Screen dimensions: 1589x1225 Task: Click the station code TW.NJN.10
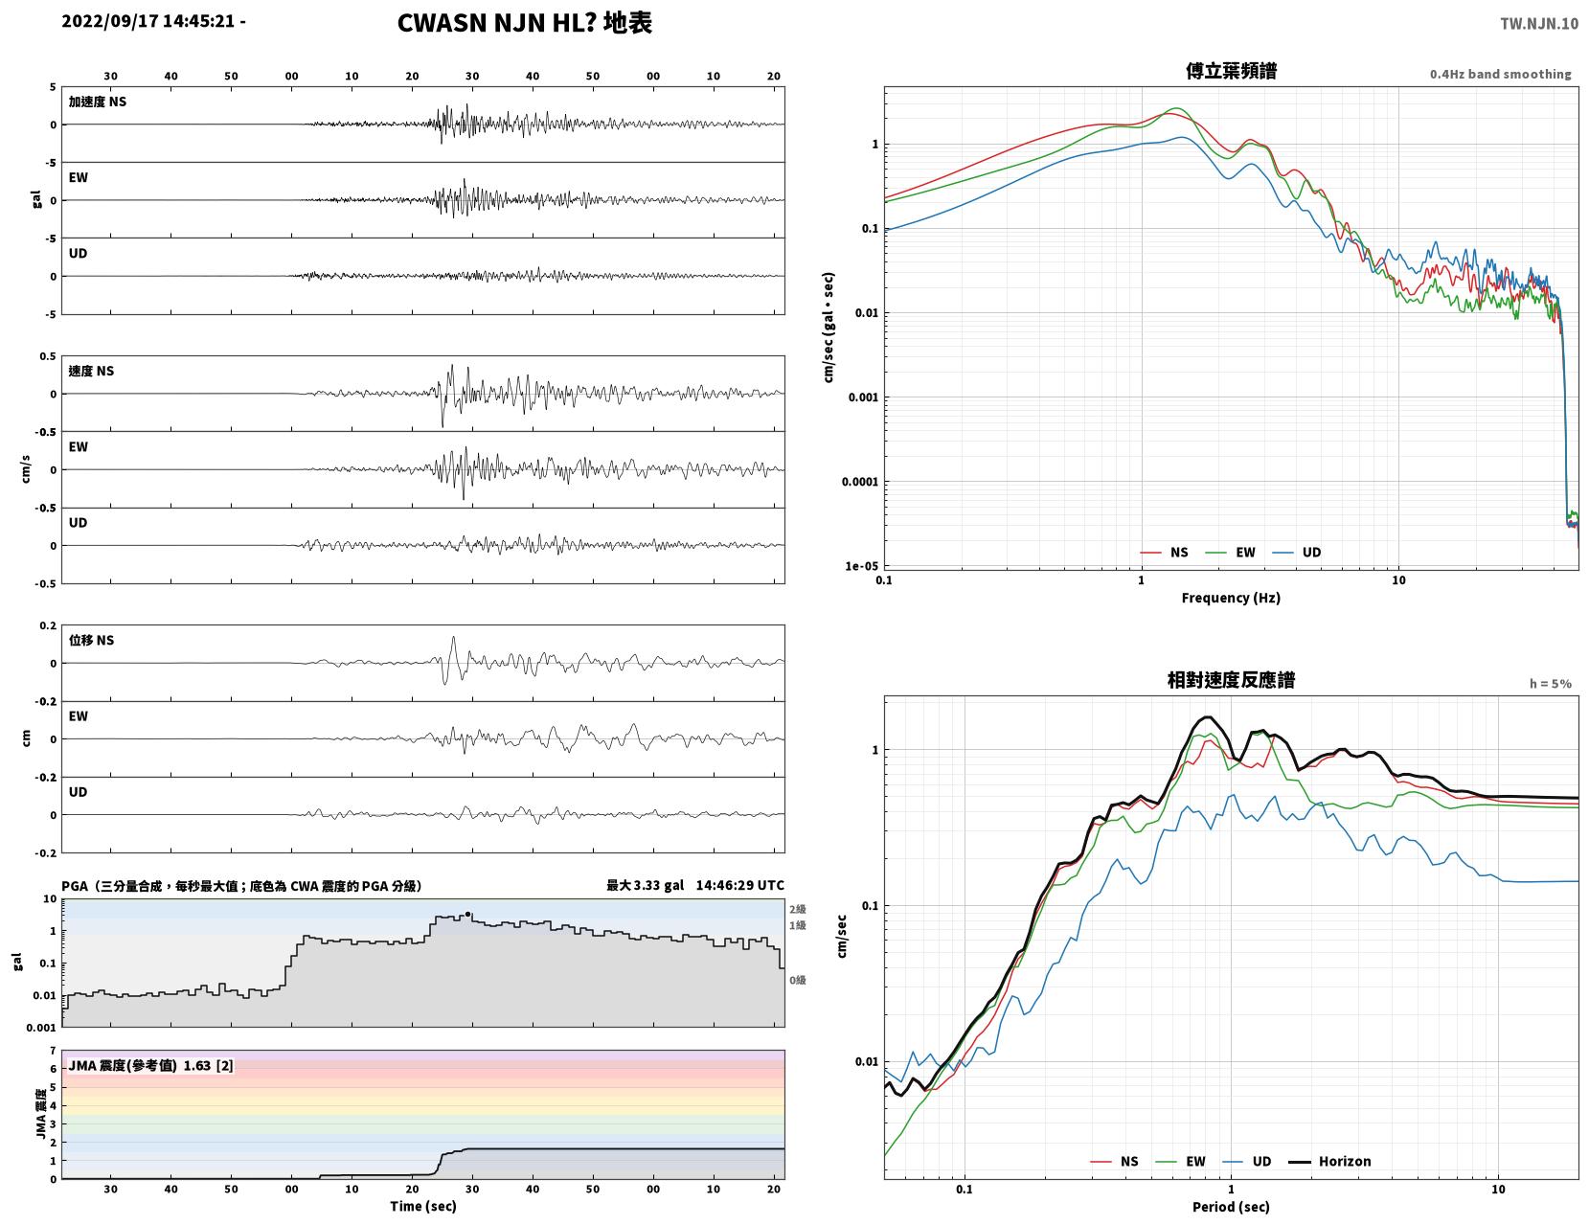(1538, 23)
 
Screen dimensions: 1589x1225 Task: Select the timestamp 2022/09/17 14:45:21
(148, 21)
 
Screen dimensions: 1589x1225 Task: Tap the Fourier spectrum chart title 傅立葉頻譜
(1231, 71)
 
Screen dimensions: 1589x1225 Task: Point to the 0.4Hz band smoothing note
(1500, 74)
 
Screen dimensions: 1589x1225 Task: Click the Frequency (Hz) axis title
(1231, 598)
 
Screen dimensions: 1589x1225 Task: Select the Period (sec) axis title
(1231, 1207)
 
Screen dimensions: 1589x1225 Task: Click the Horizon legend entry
(1328, 1162)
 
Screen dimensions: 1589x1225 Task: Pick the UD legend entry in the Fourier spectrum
(1297, 553)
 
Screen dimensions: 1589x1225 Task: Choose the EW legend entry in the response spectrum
(1180, 1162)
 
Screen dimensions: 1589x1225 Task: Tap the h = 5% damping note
(1550, 684)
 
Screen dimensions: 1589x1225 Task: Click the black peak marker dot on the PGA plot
(468, 915)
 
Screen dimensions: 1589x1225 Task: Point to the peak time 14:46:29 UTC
(739, 885)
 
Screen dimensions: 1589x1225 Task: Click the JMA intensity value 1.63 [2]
(208, 1066)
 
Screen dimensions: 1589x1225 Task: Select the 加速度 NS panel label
(98, 102)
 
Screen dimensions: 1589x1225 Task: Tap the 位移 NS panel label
(91, 640)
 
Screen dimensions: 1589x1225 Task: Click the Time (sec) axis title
(422, 1206)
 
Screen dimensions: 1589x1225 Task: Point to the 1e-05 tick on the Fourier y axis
(861, 566)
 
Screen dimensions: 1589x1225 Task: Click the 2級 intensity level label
(797, 909)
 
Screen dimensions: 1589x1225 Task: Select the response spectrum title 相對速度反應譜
(1231, 680)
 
